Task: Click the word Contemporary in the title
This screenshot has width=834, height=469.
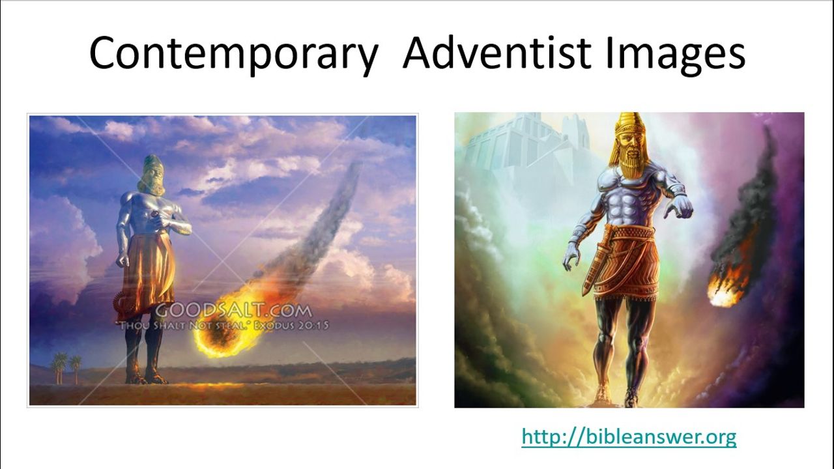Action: [234, 53]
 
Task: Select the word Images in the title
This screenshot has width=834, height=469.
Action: [675, 53]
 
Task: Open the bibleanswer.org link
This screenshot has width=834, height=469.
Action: [629, 436]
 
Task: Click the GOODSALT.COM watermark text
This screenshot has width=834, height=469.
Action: [233, 311]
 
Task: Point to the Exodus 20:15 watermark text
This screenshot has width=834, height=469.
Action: [291, 326]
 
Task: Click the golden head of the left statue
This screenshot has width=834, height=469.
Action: [152, 176]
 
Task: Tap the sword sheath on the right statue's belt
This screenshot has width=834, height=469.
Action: [595, 268]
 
